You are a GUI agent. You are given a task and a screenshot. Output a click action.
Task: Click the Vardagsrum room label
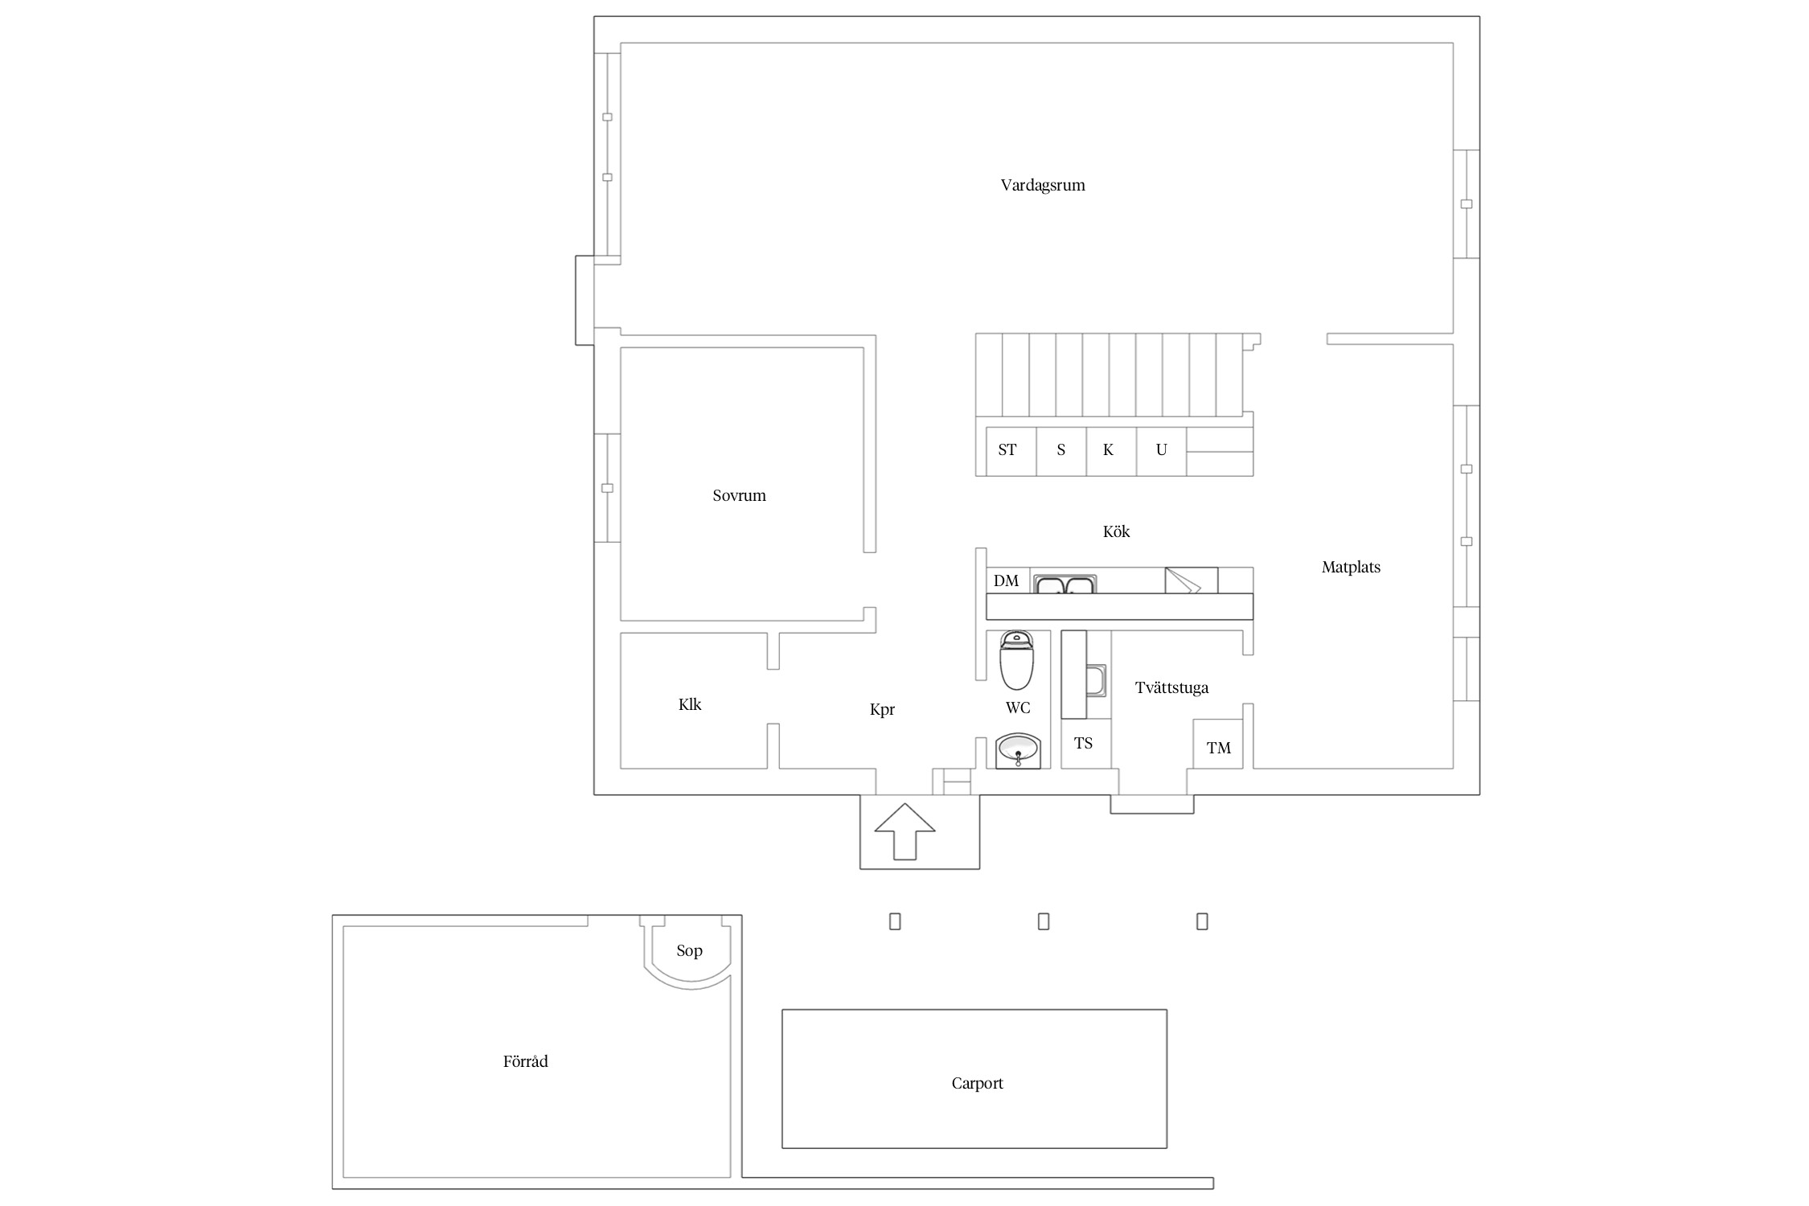[x=1043, y=186]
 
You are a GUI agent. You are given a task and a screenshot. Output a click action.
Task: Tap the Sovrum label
[x=739, y=496]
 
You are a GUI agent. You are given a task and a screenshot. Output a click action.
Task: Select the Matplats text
[x=1351, y=568]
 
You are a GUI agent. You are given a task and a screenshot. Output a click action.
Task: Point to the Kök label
[x=1116, y=531]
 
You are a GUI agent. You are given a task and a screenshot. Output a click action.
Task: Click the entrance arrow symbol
[x=904, y=831]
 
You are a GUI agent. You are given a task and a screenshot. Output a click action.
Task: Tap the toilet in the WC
[x=1016, y=661]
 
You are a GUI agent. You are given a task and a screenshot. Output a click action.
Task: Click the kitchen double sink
[x=1064, y=585]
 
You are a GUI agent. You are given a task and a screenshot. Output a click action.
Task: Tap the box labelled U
[x=1162, y=451]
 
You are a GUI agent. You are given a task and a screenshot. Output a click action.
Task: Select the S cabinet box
[x=1061, y=451]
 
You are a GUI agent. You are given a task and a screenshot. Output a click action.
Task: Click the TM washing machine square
[x=1217, y=744]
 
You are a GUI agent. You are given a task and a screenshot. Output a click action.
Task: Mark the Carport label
[x=977, y=1084]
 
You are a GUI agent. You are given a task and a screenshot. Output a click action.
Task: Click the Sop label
[x=689, y=951]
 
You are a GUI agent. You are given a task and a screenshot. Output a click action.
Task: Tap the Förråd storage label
[x=525, y=1061]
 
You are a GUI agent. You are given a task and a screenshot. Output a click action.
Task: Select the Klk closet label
[x=689, y=705]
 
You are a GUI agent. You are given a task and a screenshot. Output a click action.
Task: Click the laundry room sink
[x=1096, y=680]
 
